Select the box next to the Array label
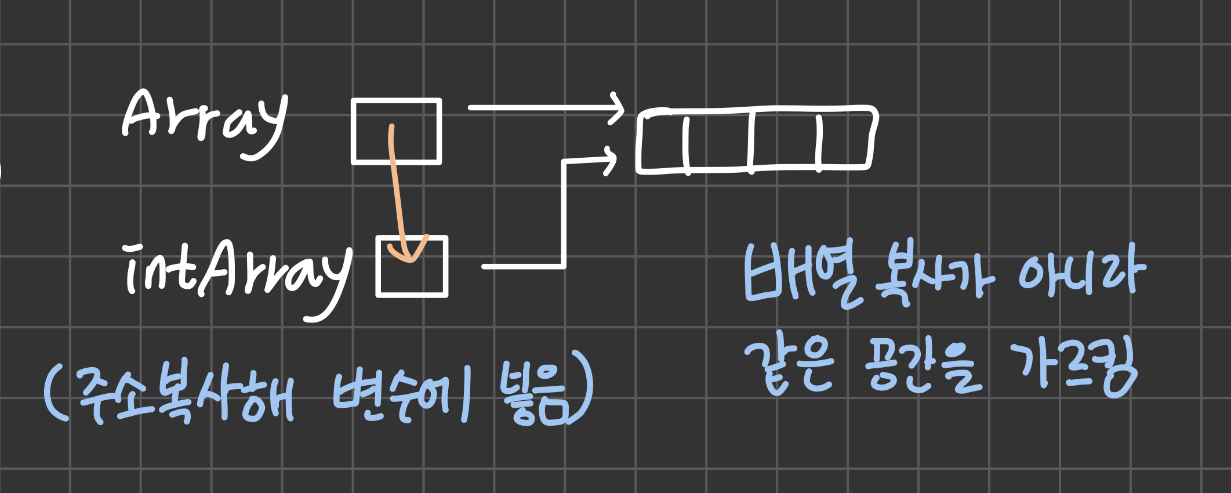coord(397,132)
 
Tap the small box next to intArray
coord(412,267)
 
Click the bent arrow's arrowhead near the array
coord(611,159)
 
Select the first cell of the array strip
coord(662,141)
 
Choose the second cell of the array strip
coord(719,140)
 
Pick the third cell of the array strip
coord(784,140)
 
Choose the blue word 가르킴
coord(1073,369)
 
